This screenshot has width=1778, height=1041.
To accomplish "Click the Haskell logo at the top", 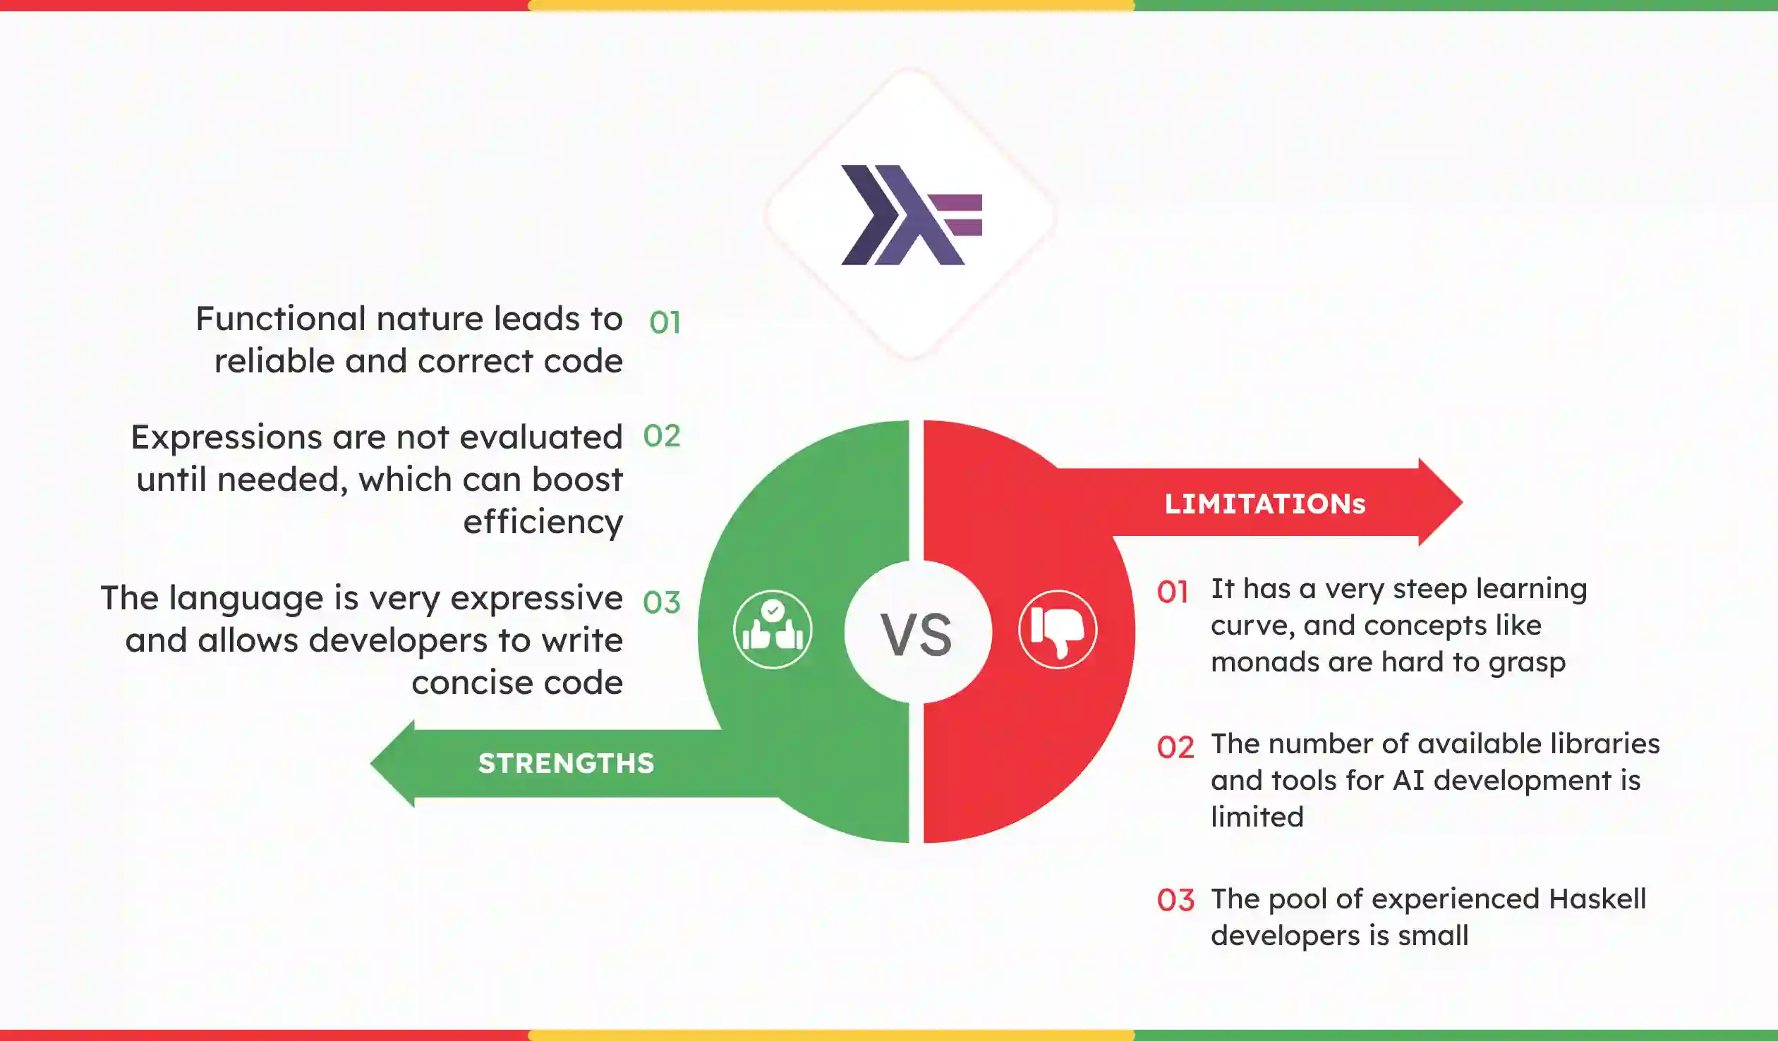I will click(x=910, y=215).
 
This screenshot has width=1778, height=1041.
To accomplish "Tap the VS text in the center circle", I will click(x=917, y=635).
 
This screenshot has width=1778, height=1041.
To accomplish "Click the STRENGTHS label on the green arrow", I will click(x=566, y=764).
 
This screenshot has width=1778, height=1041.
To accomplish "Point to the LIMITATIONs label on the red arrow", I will click(x=1264, y=504).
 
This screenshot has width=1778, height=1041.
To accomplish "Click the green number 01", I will click(x=665, y=323).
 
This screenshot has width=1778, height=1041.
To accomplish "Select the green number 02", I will click(x=661, y=436).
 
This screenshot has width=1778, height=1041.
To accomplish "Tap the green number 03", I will click(x=661, y=602).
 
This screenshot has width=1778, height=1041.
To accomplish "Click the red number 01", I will click(x=1173, y=592).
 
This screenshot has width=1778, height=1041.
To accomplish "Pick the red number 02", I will click(x=1175, y=748).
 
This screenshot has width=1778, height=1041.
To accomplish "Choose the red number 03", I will click(x=1175, y=901).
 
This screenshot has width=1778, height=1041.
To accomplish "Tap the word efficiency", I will click(x=543, y=523).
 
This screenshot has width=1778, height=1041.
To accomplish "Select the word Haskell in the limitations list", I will click(x=1597, y=899).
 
